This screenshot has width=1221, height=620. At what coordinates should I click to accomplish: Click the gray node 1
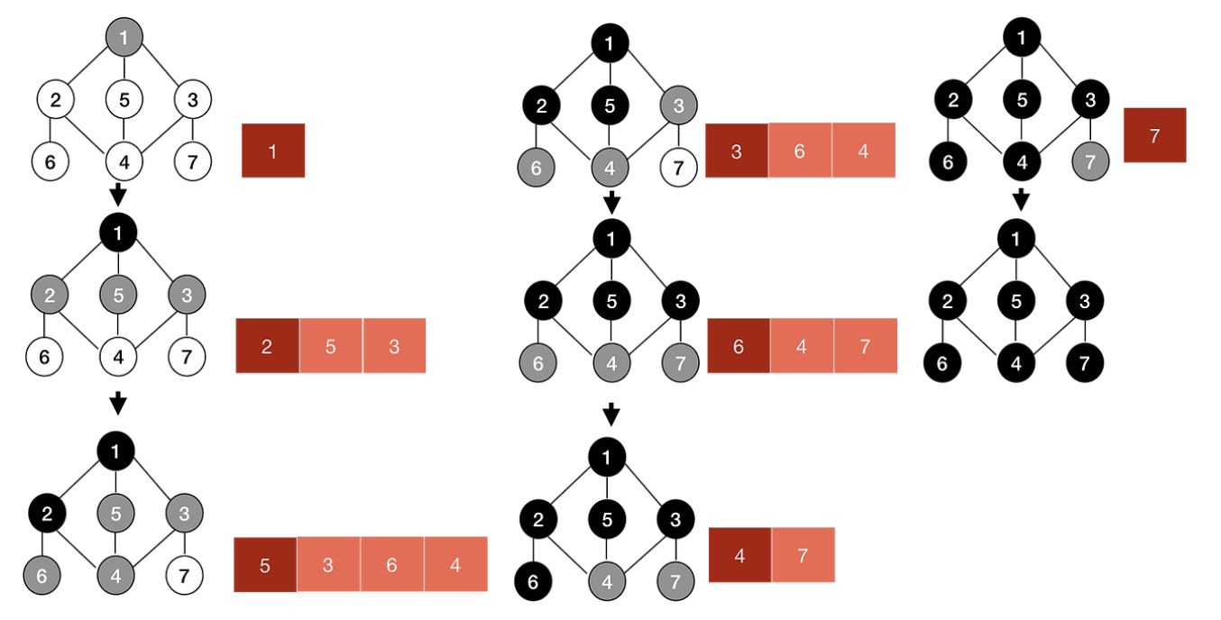pos(124,38)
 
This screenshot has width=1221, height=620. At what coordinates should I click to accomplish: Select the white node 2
pos(55,100)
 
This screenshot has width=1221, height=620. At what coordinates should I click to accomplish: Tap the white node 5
pos(124,100)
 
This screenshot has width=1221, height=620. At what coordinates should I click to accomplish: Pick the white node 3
pos(192,100)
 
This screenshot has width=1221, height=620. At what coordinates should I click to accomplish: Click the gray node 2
pos(49,295)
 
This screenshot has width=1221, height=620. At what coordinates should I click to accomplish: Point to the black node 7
pos(1085,365)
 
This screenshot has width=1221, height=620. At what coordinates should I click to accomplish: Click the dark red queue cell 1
pos(273,150)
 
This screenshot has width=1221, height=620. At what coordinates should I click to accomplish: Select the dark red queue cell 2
pos(267,346)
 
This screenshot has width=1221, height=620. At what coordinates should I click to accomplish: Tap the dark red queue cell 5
pos(265,565)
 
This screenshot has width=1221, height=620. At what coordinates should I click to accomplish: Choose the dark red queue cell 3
pos(737,150)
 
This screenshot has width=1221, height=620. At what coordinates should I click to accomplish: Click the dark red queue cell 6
pos(739,346)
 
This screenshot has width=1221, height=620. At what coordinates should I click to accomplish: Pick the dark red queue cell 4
pos(739,555)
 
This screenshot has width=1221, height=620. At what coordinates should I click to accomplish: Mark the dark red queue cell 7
pos(1154,135)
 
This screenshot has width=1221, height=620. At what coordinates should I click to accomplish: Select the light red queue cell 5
pos(330,346)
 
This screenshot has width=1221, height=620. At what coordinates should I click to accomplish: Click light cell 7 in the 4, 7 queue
pos(803,555)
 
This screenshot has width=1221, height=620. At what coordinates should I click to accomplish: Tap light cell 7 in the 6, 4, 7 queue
pos(865,346)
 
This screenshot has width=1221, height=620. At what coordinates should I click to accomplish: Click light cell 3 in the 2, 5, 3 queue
pos(394,346)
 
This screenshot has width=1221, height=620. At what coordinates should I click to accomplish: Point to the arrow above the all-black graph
pos(1021,199)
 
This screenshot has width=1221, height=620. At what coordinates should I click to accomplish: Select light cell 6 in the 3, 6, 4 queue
pos(800,150)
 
